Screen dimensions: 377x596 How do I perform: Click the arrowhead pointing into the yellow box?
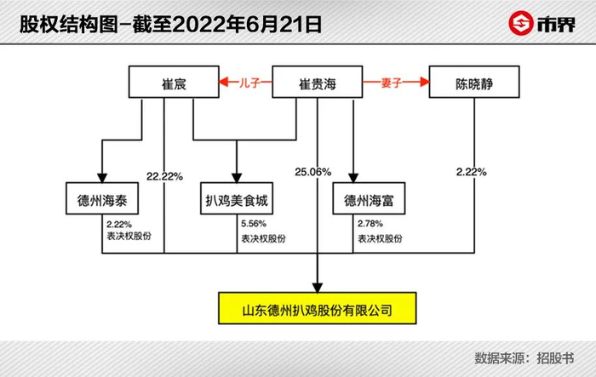pos(318,284)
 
